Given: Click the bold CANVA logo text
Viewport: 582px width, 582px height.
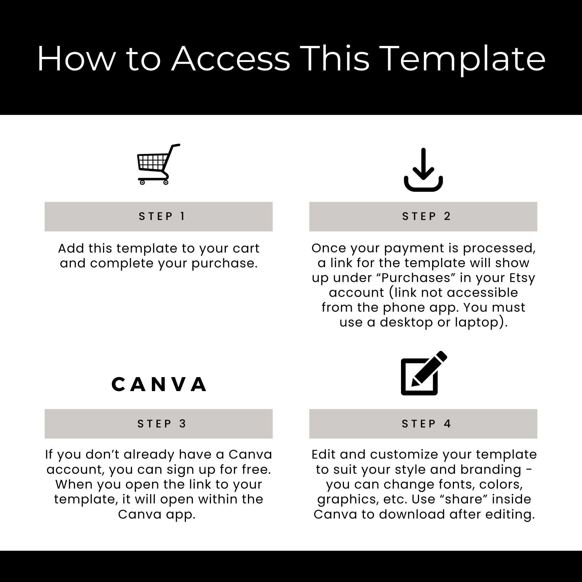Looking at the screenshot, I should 159,384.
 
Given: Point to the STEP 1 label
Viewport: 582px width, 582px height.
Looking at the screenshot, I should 162,216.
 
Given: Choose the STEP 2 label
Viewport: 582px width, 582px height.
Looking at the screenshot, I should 426,216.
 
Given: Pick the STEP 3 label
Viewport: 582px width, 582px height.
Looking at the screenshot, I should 162,423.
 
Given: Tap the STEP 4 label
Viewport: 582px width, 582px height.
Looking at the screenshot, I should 426,423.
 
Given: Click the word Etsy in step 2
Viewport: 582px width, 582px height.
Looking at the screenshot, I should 522,278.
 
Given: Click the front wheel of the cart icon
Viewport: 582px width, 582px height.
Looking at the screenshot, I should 142,182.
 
